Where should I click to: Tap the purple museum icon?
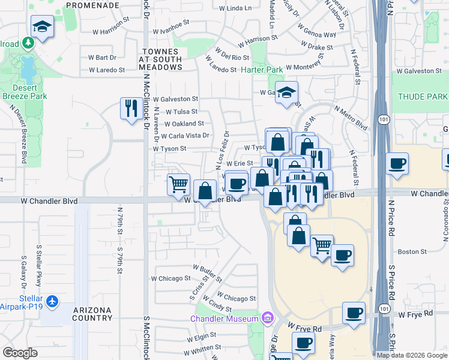pyautogui.click(x=267, y=317)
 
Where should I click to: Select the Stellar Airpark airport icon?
pyautogui.click(x=53, y=301)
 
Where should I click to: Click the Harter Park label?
pyautogui.click(x=261, y=70)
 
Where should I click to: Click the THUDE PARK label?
pyautogui.click(x=423, y=97)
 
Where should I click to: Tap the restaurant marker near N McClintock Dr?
pyautogui.click(x=130, y=109)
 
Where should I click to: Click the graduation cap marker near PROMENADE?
pyautogui.click(x=42, y=27)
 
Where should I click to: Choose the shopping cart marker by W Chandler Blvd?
pyautogui.click(x=178, y=185)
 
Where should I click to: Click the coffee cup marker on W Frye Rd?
pyautogui.click(x=354, y=313)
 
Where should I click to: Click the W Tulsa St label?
pyautogui.click(x=181, y=112)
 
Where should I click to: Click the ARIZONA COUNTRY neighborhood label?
pyautogui.click(x=92, y=314)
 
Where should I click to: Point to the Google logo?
pyautogui.click(x=20, y=353)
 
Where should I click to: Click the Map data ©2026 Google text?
pyautogui.click(x=412, y=355)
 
